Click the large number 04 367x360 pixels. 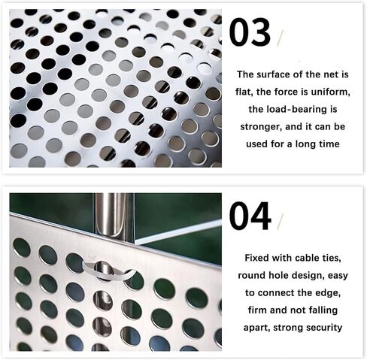click(x=250, y=216)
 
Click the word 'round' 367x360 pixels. click(x=254, y=275)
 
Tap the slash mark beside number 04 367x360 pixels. click(x=281, y=220)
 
